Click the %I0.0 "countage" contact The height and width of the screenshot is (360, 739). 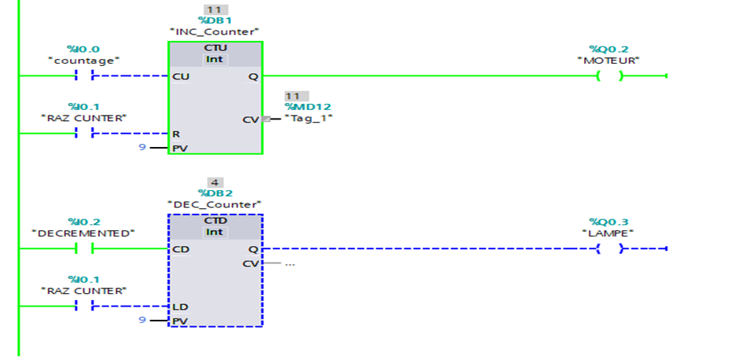click(84, 76)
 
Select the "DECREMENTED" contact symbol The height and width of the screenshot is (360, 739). click(84, 249)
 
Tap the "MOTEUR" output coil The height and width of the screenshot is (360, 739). click(609, 76)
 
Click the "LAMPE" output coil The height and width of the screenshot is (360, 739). click(609, 249)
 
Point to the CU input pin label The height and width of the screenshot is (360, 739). click(180, 76)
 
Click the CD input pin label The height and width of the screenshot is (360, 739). click(180, 249)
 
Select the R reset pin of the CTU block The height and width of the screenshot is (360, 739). click(176, 134)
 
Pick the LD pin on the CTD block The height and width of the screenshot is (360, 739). click(179, 307)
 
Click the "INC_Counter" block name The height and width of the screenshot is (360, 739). click(215, 31)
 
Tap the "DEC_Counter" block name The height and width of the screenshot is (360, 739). click(215, 204)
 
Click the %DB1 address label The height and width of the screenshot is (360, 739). click(215, 20)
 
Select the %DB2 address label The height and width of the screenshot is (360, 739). click(215, 193)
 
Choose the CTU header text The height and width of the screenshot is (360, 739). click(215, 48)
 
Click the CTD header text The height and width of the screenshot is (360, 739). click(215, 221)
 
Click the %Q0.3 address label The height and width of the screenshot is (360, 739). click(609, 222)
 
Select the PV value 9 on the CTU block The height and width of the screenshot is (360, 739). click(142, 147)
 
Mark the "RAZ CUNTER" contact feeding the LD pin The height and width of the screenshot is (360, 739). click(84, 307)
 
